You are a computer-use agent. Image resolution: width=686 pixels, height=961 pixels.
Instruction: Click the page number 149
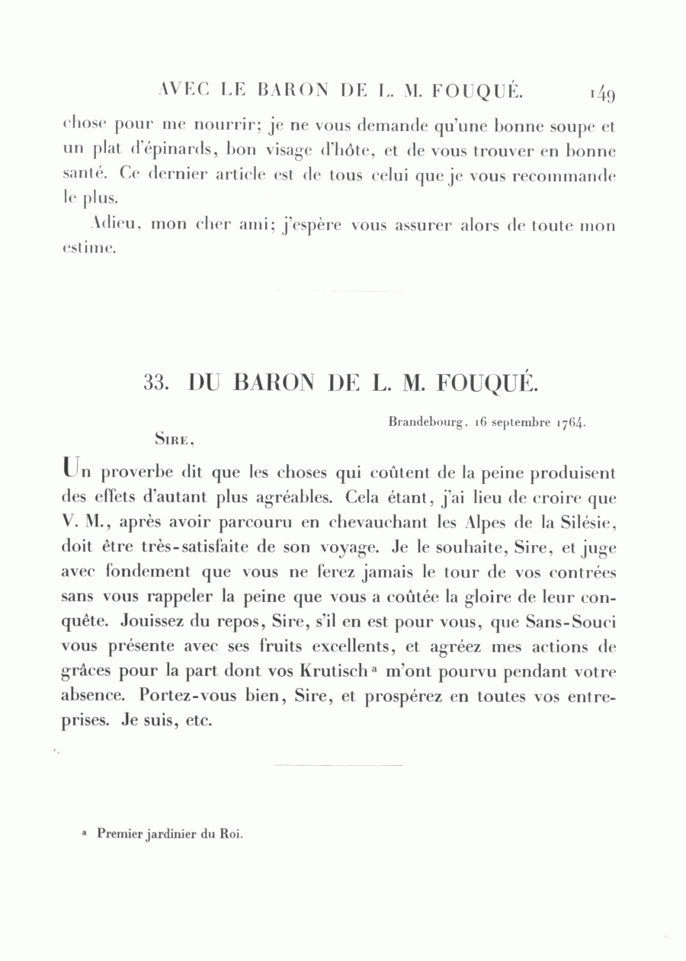coord(601,94)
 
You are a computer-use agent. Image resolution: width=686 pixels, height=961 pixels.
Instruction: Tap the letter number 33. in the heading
coord(155,383)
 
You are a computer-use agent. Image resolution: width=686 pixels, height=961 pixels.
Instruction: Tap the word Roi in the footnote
coord(231,834)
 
